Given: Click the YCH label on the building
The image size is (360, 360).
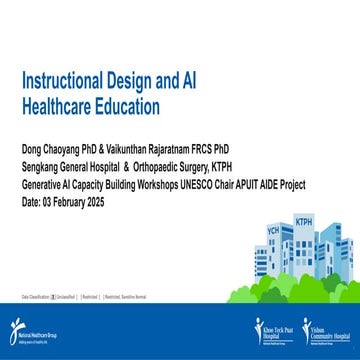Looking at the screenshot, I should (x=272, y=230).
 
